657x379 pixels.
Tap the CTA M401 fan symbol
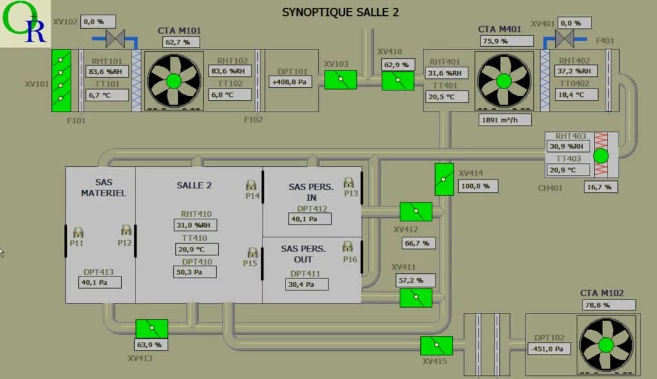504,81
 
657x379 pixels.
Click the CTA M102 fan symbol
606,345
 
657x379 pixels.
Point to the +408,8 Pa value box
290,81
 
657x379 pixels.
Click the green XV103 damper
340,80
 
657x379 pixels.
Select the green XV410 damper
398,81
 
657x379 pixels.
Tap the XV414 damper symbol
444,180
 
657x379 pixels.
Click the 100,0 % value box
478,186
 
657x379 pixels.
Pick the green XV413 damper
151,328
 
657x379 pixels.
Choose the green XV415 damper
436,346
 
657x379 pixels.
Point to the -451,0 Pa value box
549,349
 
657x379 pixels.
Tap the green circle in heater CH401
601,156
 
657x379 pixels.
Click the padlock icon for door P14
252,185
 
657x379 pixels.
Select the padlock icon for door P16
348,246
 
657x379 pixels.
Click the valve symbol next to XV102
115,39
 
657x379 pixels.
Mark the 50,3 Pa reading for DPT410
194,272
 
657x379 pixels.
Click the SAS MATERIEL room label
103,187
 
